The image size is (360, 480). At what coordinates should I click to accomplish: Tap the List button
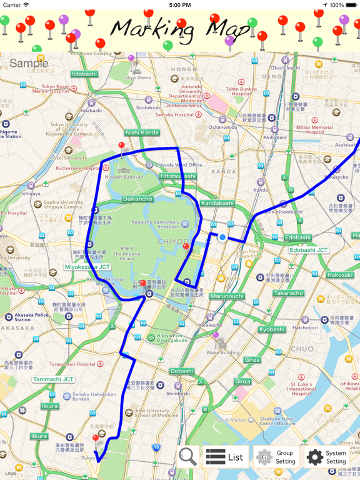tap(226, 457)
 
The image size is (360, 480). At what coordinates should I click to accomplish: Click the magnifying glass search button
tap(187, 457)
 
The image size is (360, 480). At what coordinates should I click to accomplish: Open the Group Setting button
tap(275, 457)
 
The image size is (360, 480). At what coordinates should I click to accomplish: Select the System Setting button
tap(326, 457)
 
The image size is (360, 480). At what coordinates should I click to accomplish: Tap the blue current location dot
tap(222, 237)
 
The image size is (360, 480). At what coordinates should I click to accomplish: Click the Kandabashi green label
tap(217, 203)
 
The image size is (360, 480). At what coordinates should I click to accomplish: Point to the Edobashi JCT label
tap(309, 250)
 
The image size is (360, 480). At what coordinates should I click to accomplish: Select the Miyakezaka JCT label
tap(87, 267)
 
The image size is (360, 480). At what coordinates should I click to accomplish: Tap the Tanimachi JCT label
tap(53, 379)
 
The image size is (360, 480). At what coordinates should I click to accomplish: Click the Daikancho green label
tap(137, 199)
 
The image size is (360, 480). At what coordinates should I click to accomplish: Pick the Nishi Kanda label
tap(142, 132)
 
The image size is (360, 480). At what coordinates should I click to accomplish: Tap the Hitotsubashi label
tap(177, 176)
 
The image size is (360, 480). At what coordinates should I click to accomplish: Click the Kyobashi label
tap(272, 329)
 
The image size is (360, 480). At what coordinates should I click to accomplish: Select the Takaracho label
tap(288, 293)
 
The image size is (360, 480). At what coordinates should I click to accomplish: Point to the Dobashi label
tap(182, 371)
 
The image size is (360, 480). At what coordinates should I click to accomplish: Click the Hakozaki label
tap(340, 275)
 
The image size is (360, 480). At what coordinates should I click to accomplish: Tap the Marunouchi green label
tap(226, 296)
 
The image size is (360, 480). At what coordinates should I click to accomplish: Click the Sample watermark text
tap(29, 63)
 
